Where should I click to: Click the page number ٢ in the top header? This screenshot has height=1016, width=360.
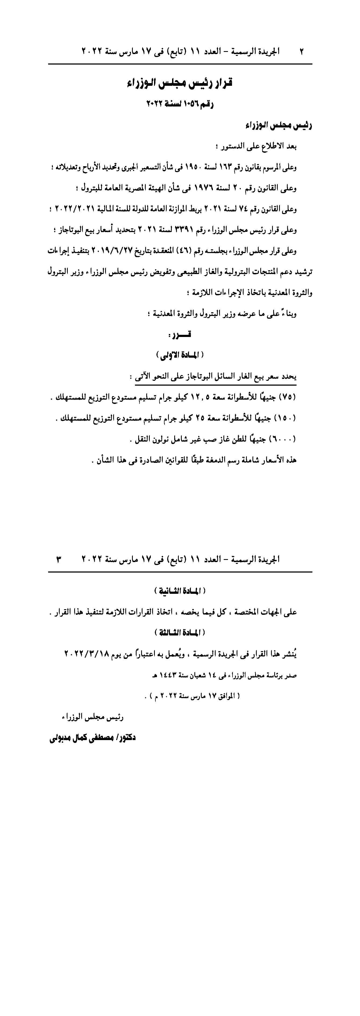[302, 51]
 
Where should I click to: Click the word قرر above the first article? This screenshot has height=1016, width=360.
[180, 335]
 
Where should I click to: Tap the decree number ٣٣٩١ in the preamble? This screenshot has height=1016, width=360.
[183, 230]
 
